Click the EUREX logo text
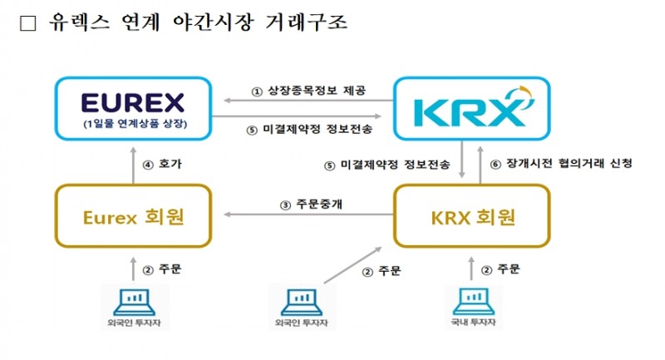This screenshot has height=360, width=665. tap(133, 103)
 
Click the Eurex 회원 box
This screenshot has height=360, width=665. tap(133, 217)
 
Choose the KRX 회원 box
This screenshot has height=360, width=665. tap(471, 217)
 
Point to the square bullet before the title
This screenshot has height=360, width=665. tap(27, 22)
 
